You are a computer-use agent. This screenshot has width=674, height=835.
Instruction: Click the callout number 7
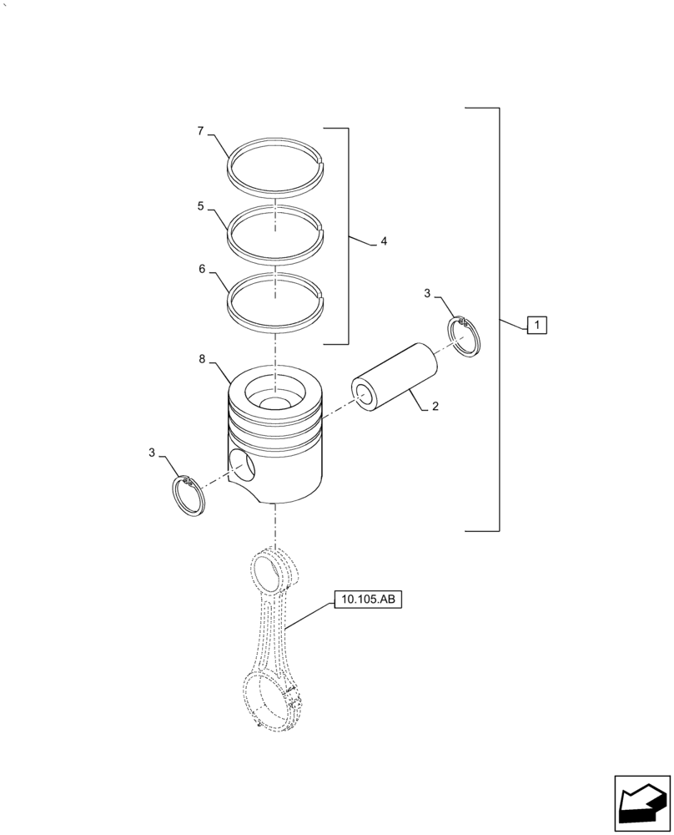tap(200, 131)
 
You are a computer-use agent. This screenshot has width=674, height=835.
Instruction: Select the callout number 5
tap(200, 206)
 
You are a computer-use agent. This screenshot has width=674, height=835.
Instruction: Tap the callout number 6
tap(202, 270)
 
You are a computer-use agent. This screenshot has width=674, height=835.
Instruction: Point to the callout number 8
tap(202, 359)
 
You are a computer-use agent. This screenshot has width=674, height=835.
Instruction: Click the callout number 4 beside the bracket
tap(384, 242)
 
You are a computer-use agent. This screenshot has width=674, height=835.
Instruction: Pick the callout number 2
tap(435, 407)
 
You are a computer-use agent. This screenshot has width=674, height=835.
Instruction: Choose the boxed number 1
tap(536, 324)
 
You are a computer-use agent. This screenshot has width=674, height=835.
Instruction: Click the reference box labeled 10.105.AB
tap(368, 600)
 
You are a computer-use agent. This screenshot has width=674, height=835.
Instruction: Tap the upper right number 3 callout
tap(426, 293)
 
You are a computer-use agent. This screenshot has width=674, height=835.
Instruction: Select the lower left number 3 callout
tap(152, 453)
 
